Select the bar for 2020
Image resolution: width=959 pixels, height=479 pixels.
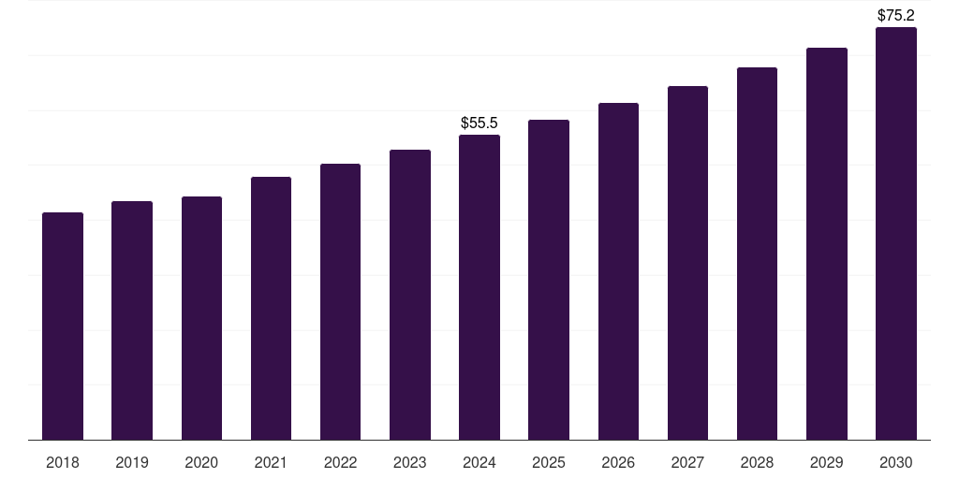click(x=201, y=318)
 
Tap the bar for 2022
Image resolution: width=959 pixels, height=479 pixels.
click(x=340, y=301)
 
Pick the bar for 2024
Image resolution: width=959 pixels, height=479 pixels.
click(x=479, y=287)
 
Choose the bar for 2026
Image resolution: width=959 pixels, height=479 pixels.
click(x=618, y=271)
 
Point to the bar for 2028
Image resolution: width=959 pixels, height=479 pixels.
click(x=757, y=254)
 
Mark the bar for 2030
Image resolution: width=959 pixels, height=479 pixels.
click(x=896, y=234)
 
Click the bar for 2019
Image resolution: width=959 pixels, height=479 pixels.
click(x=132, y=320)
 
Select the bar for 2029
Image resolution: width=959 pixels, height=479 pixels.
click(x=827, y=243)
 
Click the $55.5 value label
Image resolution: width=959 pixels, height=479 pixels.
click(x=479, y=123)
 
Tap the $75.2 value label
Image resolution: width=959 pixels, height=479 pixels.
click(x=896, y=15)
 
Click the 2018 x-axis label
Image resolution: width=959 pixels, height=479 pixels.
click(x=63, y=462)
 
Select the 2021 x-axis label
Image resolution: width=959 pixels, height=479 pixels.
click(x=271, y=462)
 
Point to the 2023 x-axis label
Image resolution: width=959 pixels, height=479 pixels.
click(x=410, y=462)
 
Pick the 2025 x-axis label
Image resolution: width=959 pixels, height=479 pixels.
click(x=549, y=462)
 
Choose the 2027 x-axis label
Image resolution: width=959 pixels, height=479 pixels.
click(x=687, y=462)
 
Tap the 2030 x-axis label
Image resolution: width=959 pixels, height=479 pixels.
click(x=896, y=462)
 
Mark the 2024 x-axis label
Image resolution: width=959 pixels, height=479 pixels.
click(x=479, y=462)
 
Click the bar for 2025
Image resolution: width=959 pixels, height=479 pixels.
click(x=549, y=280)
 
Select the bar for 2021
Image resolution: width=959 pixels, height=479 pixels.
click(x=271, y=308)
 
